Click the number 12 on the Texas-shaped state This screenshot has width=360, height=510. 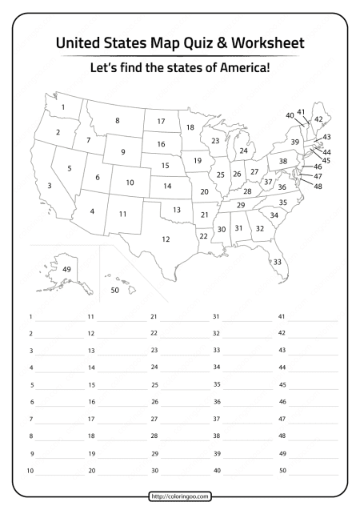pyautogui.click(x=166, y=239)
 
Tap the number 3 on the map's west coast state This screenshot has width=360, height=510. pyautogui.click(x=50, y=186)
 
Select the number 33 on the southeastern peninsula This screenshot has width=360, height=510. pyautogui.click(x=278, y=261)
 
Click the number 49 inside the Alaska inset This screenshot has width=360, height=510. pyautogui.click(x=66, y=269)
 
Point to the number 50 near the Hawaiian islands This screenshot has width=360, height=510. pyautogui.click(x=114, y=291)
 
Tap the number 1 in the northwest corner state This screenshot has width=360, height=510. pyautogui.click(x=63, y=106)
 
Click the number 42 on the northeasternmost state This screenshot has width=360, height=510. pyautogui.click(x=318, y=118)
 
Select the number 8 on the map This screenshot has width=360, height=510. pyautogui.click(x=117, y=121)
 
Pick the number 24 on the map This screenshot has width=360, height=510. pyautogui.click(x=243, y=150)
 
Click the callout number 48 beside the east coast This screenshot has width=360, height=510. pyautogui.click(x=318, y=186)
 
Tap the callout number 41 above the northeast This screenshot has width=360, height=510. pyautogui.click(x=302, y=111)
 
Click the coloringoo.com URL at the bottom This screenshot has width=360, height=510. pyautogui.click(x=180, y=496)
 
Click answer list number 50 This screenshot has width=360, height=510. pyautogui.click(x=282, y=470)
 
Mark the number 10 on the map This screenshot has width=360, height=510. pyautogui.click(x=129, y=183)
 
